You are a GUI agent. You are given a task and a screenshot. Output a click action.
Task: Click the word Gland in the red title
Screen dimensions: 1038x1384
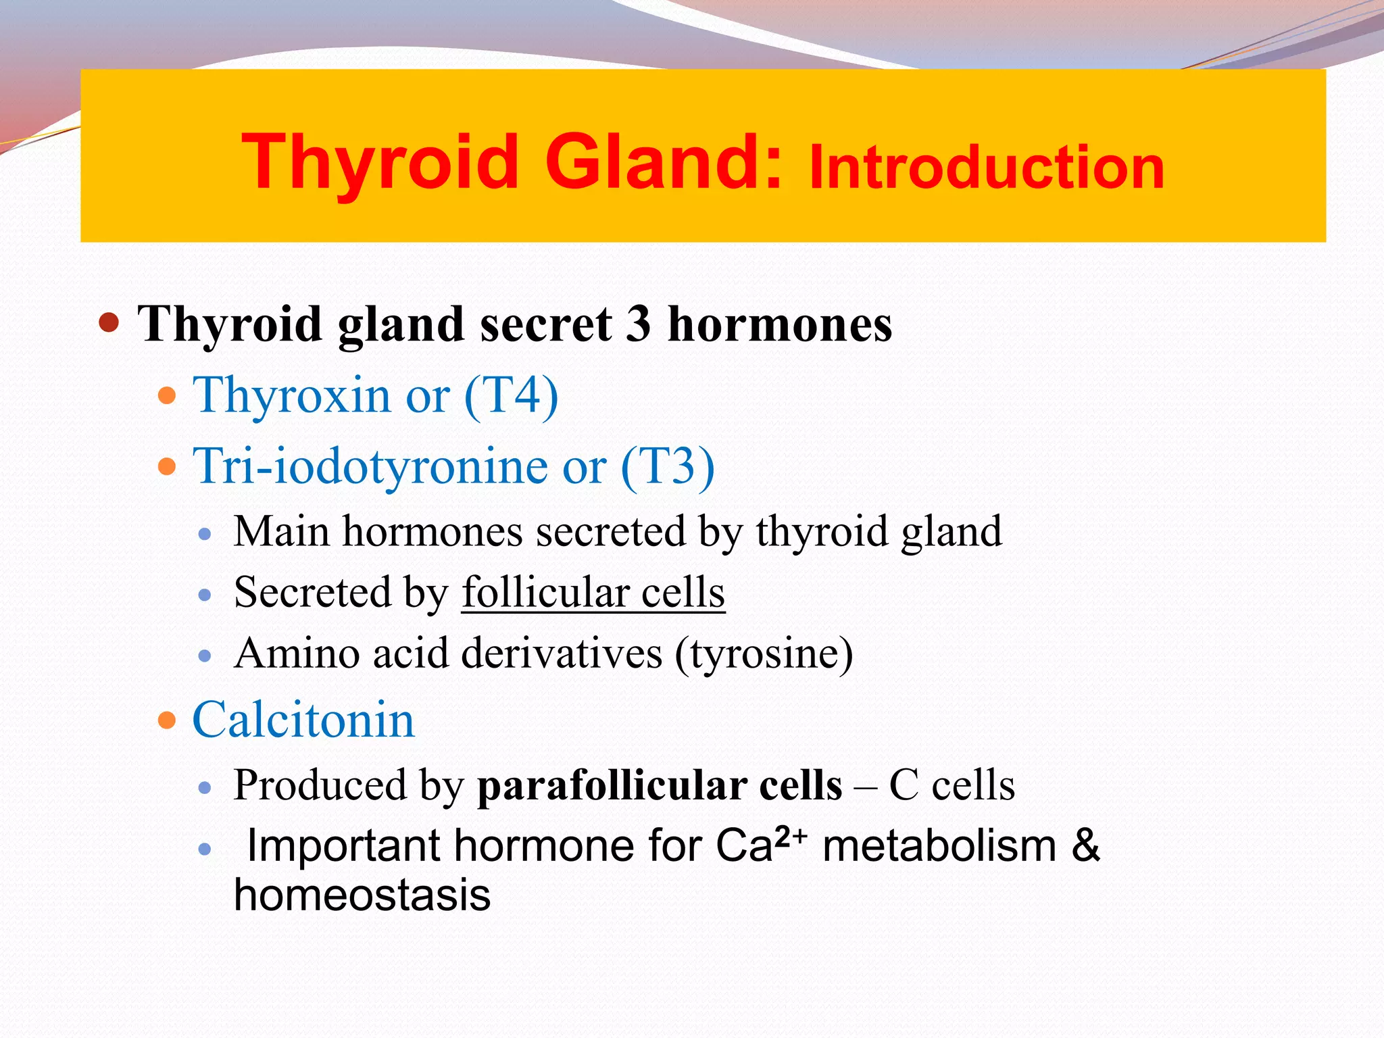point(664,162)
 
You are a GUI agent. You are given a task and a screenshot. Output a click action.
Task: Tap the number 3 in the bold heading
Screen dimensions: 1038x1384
point(638,324)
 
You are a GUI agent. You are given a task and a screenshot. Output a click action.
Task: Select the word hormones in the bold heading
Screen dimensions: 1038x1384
point(780,324)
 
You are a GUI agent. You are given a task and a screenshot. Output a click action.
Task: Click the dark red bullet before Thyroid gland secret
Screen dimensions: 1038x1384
point(109,322)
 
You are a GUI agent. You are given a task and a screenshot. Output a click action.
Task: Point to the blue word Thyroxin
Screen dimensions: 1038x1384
point(292,396)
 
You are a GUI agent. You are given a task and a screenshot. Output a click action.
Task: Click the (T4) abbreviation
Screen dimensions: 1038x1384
point(512,396)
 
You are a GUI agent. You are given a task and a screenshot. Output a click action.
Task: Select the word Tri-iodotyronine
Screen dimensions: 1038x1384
point(370,467)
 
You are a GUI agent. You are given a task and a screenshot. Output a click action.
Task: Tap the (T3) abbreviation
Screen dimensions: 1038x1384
point(667,467)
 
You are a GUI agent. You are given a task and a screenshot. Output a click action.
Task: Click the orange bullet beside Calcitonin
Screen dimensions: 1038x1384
point(166,720)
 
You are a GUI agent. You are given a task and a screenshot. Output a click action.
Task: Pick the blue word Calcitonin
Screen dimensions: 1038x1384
point(303,720)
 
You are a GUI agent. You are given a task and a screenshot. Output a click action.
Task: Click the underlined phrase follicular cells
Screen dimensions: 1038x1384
point(593,593)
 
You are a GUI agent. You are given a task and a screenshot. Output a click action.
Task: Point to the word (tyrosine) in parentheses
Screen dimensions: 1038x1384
point(764,654)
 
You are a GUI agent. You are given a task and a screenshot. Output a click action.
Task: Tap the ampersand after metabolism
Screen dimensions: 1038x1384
point(1085,845)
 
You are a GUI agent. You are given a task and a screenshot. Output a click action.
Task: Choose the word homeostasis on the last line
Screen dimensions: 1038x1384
point(362,895)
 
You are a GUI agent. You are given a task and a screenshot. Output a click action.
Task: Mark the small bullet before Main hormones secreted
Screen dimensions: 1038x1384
point(205,535)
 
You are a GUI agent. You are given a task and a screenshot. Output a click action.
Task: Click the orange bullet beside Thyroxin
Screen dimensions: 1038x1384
point(166,395)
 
